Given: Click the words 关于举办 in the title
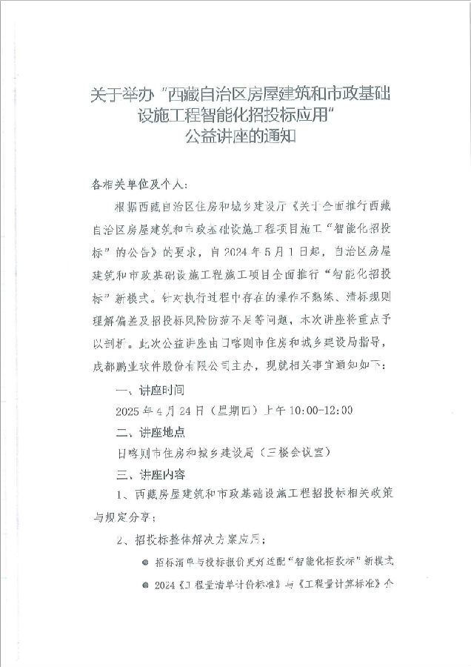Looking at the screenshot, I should (x=116, y=96).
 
